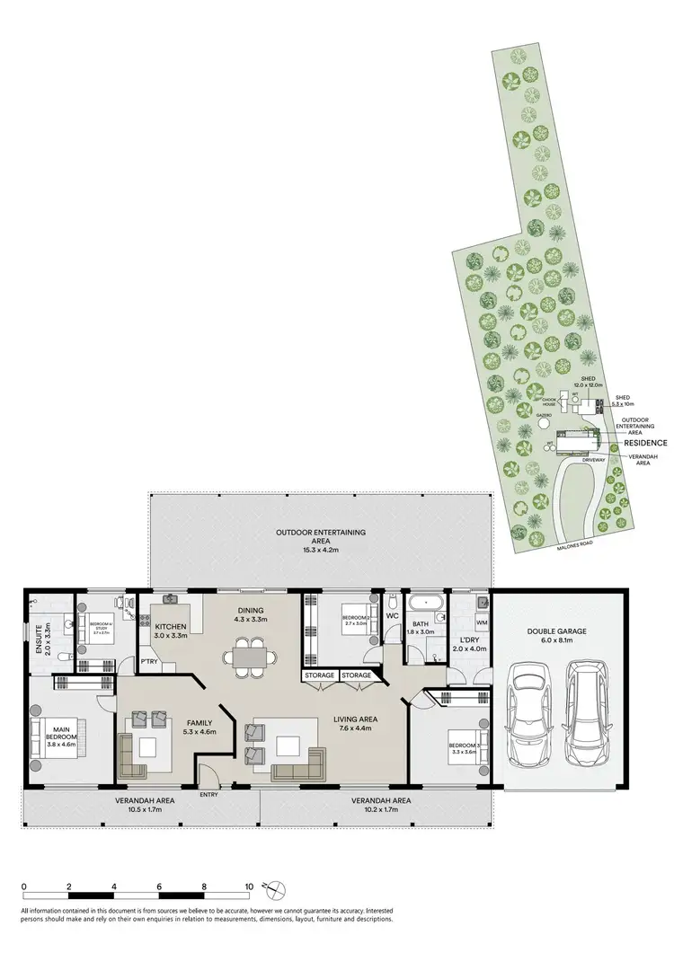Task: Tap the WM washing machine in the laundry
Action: (x=481, y=622)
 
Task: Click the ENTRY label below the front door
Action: (x=209, y=795)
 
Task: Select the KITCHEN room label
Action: (x=171, y=626)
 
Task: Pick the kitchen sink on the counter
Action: (x=171, y=599)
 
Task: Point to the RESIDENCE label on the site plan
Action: (x=644, y=443)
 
